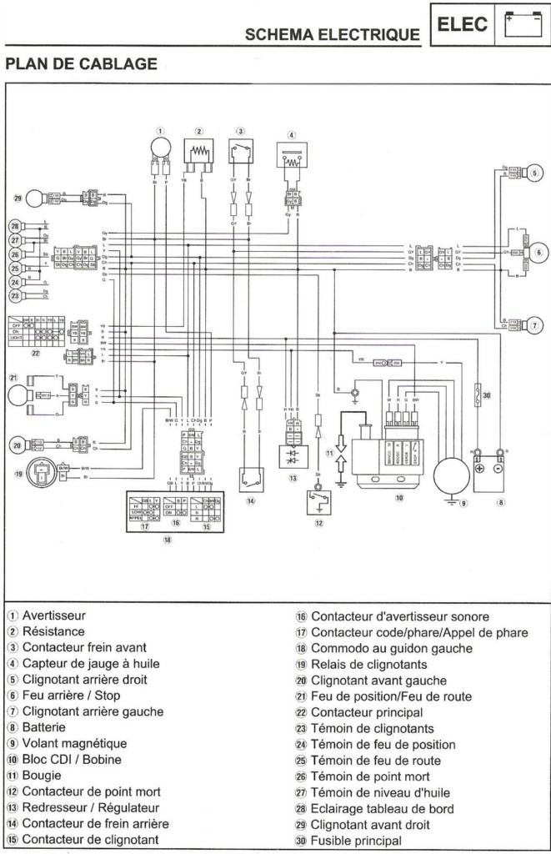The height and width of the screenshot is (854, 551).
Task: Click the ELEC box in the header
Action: click(x=462, y=25)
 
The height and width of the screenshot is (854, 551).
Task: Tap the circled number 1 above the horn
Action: click(x=161, y=131)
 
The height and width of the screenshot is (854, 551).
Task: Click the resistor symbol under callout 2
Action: click(x=200, y=153)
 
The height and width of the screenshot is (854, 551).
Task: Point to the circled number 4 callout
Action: click(x=291, y=135)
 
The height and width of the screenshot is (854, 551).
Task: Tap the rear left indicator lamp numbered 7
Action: click(x=533, y=324)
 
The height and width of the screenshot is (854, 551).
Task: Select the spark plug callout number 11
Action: click(x=329, y=455)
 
